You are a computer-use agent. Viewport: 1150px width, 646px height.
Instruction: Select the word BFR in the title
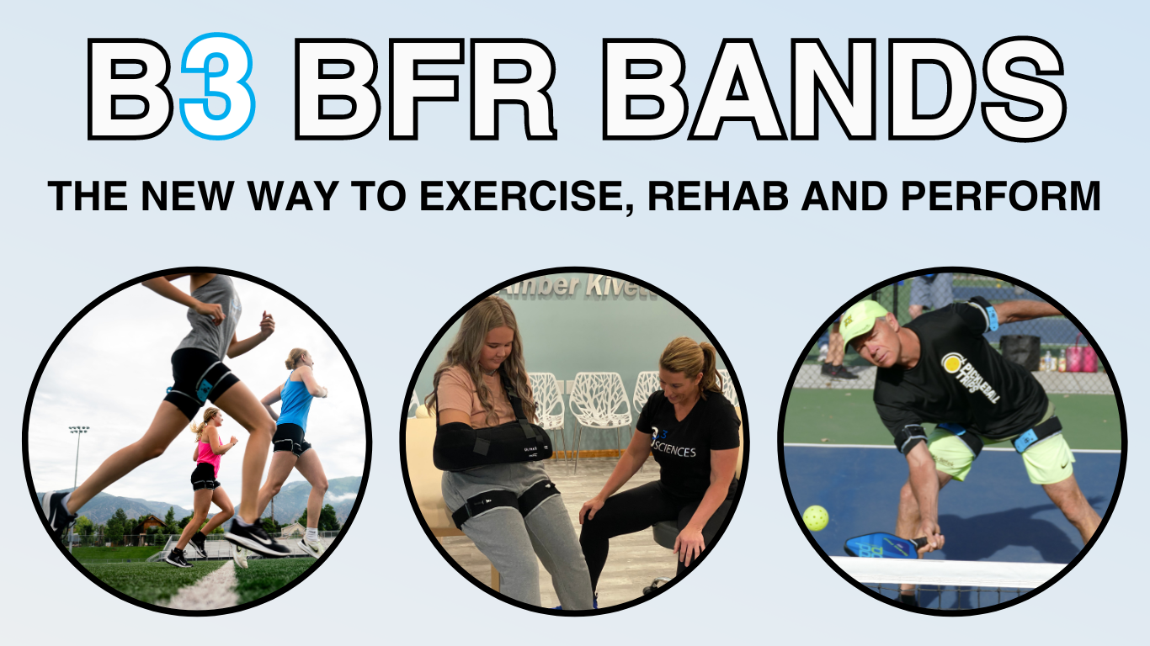424,87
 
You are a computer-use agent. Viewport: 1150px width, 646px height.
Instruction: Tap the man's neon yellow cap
860,319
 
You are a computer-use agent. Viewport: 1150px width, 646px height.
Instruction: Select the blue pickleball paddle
880,545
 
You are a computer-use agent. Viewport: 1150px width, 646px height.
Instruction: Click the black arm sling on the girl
488,444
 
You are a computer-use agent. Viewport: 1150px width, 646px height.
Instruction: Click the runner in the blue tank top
295,421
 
